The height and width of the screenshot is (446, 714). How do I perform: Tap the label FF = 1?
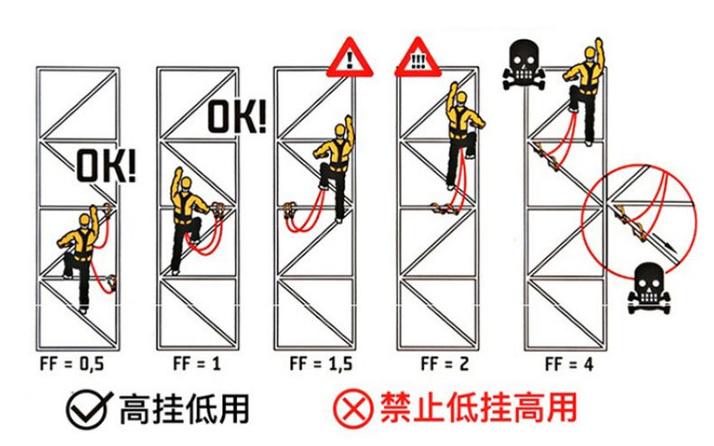(x=196, y=364)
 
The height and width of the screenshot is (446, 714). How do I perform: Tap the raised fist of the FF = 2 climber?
(x=454, y=88)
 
